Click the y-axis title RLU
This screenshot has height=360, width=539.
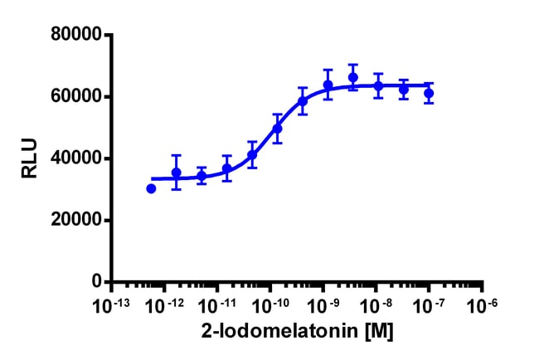click(x=28, y=158)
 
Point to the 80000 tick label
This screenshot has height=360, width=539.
click(x=75, y=35)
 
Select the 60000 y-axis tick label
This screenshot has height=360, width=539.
click(x=75, y=96)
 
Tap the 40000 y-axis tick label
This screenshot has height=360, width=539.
click(x=75, y=158)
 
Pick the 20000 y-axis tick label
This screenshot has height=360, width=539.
click(x=75, y=221)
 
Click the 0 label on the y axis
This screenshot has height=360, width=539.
click(x=95, y=282)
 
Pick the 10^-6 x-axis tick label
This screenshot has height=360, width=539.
click(x=482, y=305)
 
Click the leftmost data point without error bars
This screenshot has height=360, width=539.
click(x=151, y=188)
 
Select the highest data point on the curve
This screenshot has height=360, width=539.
click(x=352, y=77)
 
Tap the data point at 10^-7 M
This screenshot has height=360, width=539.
click(x=429, y=93)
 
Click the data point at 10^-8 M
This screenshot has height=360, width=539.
click(x=378, y=85)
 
